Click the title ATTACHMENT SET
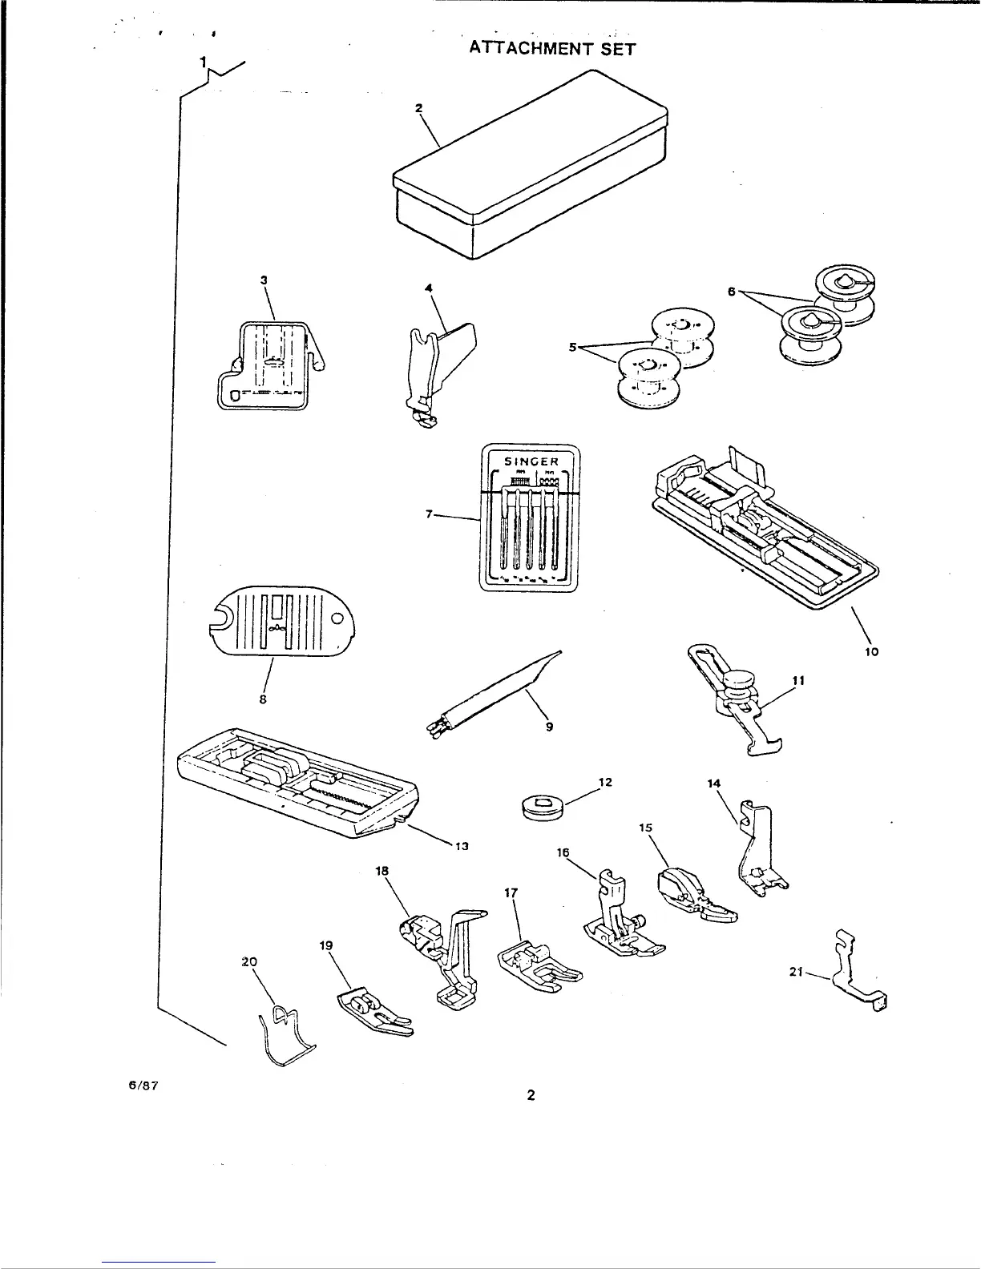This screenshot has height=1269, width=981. (552, 49)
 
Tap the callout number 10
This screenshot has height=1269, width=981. (872, 651)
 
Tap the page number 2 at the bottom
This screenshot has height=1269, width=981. (531, 1096)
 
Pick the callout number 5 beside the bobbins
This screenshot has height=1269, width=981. (573, 348)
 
